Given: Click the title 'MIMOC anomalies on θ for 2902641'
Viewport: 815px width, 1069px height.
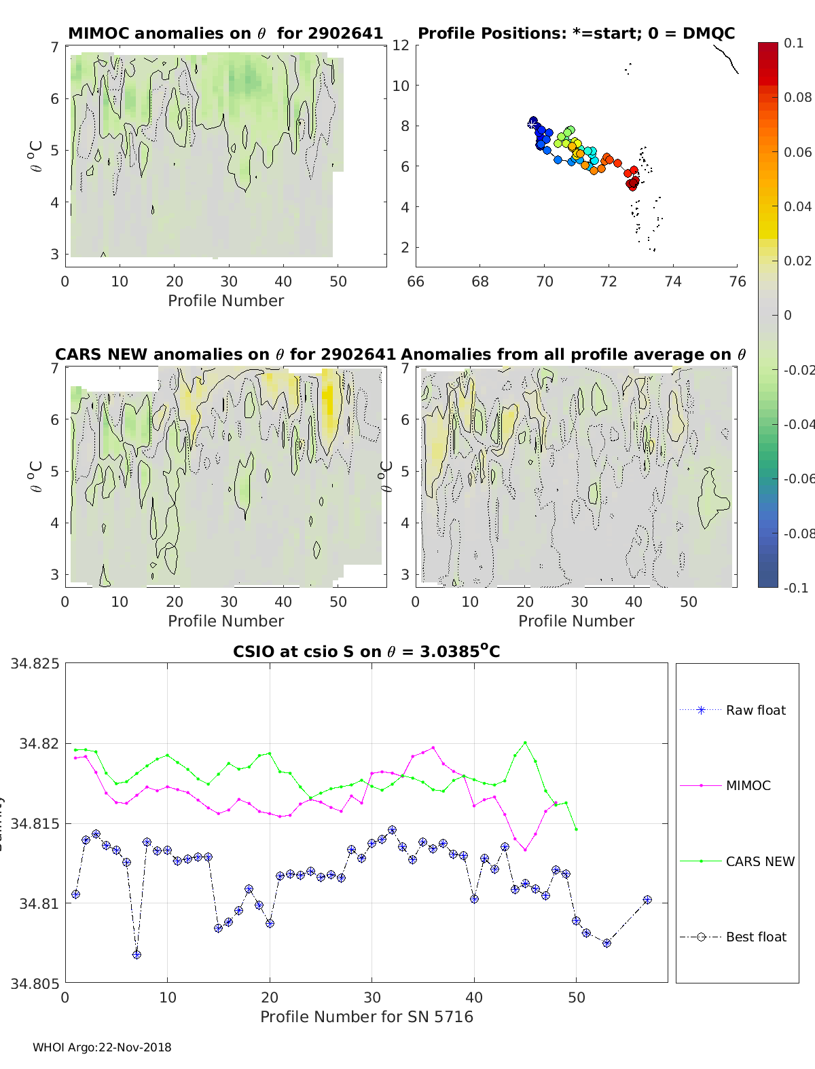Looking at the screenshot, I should click(x=225, y=33).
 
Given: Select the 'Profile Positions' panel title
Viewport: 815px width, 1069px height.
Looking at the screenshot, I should click(x=576, y=33).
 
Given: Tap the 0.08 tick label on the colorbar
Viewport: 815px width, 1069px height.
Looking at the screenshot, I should click(x=797, y=97).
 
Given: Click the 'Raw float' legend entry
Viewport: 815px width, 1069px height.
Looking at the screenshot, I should click(x=755, y=710).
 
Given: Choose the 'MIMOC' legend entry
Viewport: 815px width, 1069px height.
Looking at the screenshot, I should click(x=748, y=785).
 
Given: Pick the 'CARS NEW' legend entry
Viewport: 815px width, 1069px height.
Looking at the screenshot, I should click(x=759, y=861).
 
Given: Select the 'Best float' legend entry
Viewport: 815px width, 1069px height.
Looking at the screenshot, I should click(x=755, y=937).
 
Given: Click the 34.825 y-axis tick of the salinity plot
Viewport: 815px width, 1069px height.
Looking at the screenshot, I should click(x=35, y=664).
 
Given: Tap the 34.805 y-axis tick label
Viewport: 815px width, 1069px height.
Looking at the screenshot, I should click(x=35, y=983).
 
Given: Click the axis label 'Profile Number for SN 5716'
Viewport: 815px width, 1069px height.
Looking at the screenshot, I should click(x=367, y=1016).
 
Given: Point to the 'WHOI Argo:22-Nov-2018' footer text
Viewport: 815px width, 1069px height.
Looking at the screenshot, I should click(x=102, y=1047).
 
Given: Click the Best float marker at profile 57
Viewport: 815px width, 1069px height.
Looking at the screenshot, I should click(x=647, y=900).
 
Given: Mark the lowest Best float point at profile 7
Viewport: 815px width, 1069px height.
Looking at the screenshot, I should click(x=137, y=954).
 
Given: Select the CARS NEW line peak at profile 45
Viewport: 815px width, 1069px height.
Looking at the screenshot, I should click(x=525, y=743).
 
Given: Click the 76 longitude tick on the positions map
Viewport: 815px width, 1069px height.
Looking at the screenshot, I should click(x=737, y=281).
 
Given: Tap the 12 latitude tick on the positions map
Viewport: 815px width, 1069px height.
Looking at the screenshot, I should click(x=401, y=45).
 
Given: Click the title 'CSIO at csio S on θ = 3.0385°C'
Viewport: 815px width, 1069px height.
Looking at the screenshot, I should click(x=367, y=652).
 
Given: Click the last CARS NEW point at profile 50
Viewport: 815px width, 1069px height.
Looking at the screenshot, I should click(x=576, y=829).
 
